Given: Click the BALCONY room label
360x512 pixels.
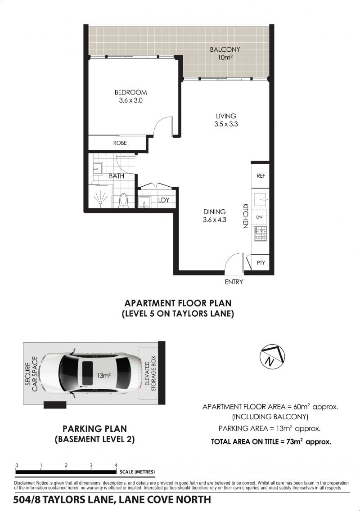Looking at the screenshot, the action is (x=225, y=49).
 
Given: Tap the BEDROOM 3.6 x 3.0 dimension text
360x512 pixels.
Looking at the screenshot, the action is (x=130, y=101).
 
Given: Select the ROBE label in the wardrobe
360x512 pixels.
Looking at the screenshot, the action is (x=120, y=143).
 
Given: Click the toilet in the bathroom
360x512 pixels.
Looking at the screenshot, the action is (x=123, y=200).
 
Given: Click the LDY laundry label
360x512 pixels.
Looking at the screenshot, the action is (x=164, y=200).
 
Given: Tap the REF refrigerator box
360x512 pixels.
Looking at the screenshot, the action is (x=261, y=175).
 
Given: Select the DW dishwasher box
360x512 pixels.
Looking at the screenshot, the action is (x=259, y=217).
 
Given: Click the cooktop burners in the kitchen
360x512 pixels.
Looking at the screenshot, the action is (x=260, y=234).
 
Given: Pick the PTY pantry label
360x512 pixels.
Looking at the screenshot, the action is (x=261, y=263).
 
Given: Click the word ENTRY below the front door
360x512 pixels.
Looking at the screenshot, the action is (x=234, y=282).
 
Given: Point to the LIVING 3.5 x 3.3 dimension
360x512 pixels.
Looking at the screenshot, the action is (x=226, y=124).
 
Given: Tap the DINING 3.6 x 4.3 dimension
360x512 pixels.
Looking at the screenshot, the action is (x=215, y=220).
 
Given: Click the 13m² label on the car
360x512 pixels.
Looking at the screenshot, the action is (x=103, y=376).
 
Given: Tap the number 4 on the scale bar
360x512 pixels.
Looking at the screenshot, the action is (x=116, y=465).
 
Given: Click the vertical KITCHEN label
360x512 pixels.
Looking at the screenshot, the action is (x=246, y=216).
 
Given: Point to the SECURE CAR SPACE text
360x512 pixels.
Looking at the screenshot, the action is (x=31, y=374).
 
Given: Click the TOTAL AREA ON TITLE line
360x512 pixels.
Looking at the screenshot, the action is (x=271, y=442).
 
